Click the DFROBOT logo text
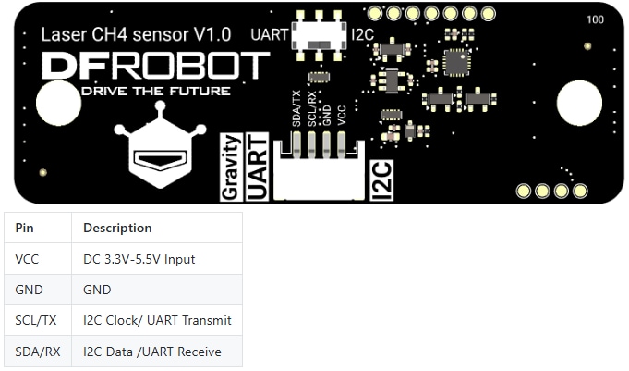(156, 66)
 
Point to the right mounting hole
(579, 103)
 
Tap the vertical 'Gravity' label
(232, 167)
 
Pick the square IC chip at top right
(456, 62)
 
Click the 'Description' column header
(117, 228)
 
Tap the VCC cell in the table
(28, 259)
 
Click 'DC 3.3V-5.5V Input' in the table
(139, 259)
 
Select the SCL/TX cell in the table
(36, 320)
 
